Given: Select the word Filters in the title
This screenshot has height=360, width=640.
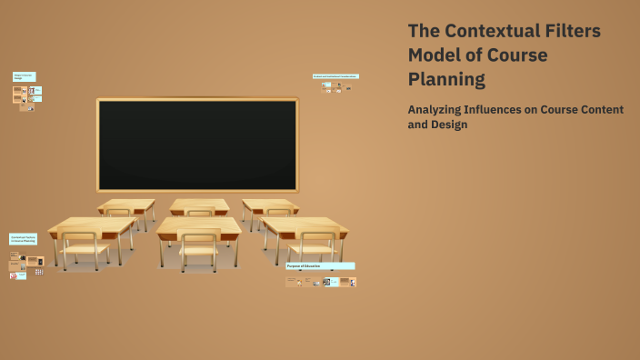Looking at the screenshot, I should click(x=575, y=31).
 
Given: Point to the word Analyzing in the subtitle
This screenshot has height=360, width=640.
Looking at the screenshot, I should click(x=440, y=110).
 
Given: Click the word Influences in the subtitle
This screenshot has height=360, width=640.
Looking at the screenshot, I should click(x=511, y=110).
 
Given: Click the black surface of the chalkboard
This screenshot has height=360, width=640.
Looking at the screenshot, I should click(x=197, y=145).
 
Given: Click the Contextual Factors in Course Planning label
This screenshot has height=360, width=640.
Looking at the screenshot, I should click(x=23, y=238).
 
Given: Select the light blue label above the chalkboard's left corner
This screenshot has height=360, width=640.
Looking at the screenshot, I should click(x=24, y=77).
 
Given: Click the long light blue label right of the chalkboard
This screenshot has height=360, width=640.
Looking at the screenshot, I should click(x=335, y=76).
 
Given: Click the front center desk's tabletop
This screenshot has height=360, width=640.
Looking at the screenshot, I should click(x=198, y=225).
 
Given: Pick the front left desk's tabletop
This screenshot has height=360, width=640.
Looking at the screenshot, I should click(x=91, y=225).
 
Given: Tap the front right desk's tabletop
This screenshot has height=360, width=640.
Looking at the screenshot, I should click(x=304, y=225).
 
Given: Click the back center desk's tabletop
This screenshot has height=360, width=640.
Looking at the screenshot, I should click(x=199, y=205).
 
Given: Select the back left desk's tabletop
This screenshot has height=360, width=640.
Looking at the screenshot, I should click(x=126, y=205).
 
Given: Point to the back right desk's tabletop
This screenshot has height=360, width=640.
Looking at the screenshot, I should click(x=269, y=205).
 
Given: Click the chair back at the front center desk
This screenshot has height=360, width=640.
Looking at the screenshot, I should click(x=198, y=241).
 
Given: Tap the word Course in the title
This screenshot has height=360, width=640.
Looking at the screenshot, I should click(x=515, y=55).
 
